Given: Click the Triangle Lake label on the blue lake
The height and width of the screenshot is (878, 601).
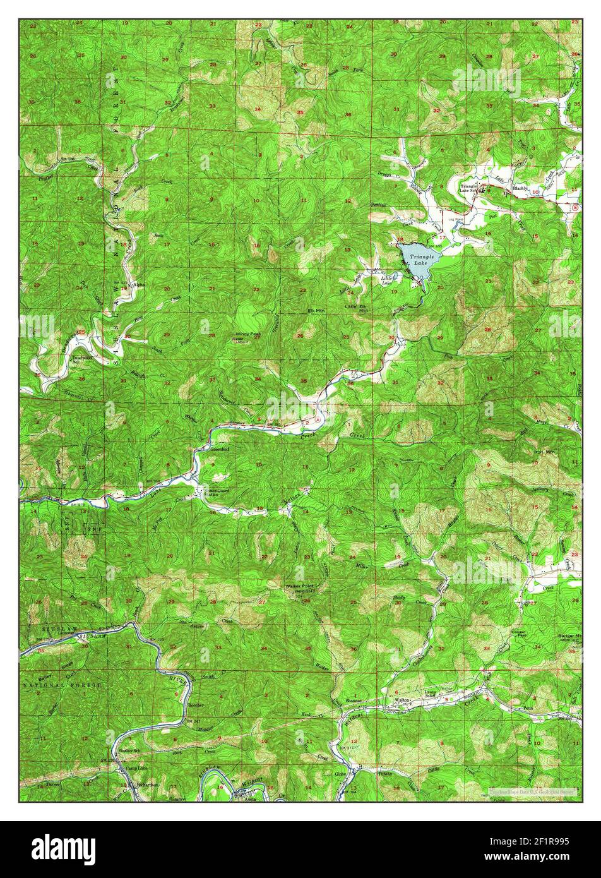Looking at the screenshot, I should click(422, 260).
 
